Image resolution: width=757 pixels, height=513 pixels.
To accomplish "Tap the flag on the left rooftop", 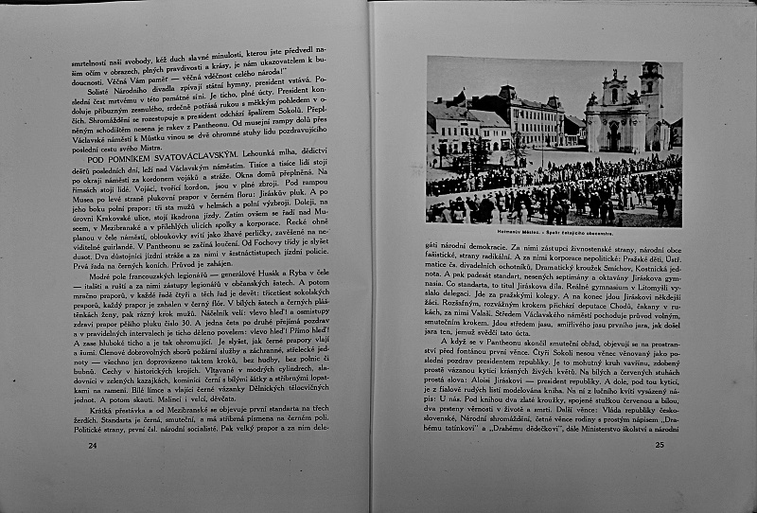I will tap(461, 97).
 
